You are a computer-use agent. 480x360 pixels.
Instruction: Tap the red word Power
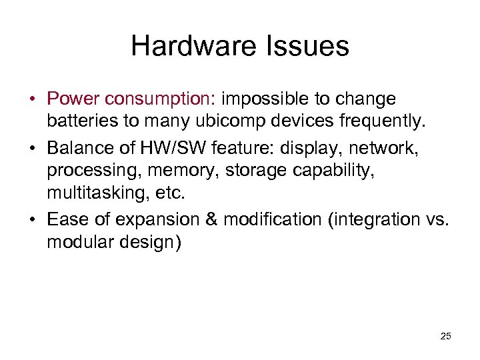click(x=74, y=99)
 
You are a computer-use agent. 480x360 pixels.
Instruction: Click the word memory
click(x=183, y=171)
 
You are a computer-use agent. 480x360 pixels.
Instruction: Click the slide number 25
click(x=445, y=336)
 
